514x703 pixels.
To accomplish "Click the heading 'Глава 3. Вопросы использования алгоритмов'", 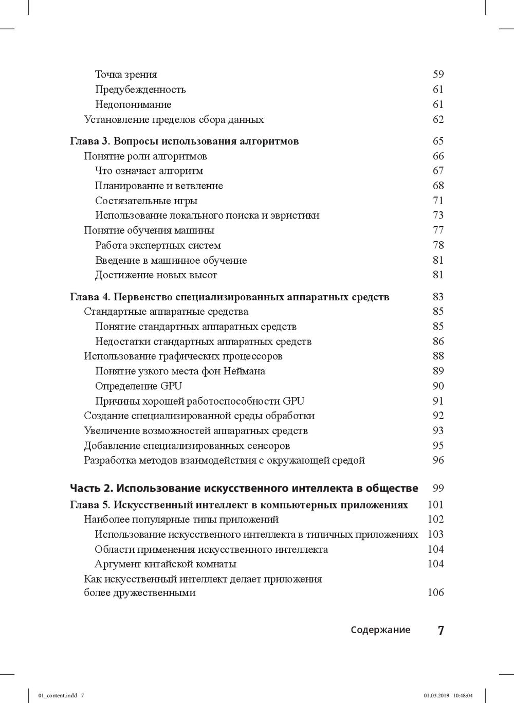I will tap(184, 141).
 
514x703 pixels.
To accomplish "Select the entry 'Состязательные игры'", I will tap(146, 201).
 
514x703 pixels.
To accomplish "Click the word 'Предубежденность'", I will tap(140, 89).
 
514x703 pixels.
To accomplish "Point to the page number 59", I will tap(438, 75).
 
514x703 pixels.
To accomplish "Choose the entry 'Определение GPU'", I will tap(139, 386).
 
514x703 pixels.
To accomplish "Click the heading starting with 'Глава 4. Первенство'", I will tap(229, 297).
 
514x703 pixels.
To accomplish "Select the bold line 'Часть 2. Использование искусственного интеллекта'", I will tap(244, 488).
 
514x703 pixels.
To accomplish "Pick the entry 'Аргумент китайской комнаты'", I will tap(166, 564).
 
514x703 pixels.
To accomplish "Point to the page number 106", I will tap(435, 592).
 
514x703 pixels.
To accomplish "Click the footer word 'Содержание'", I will tap(381, 630).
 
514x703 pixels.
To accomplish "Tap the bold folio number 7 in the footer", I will tap(440, 630).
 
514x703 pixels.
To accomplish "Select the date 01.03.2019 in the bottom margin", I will tap(436, 695).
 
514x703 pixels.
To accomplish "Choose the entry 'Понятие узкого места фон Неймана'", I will tap(180, 371).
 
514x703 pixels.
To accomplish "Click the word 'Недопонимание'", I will tap(133, 104).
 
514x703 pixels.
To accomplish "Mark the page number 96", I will tap(438, 460).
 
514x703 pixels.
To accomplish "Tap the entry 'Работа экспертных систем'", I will tap(158, 245).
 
